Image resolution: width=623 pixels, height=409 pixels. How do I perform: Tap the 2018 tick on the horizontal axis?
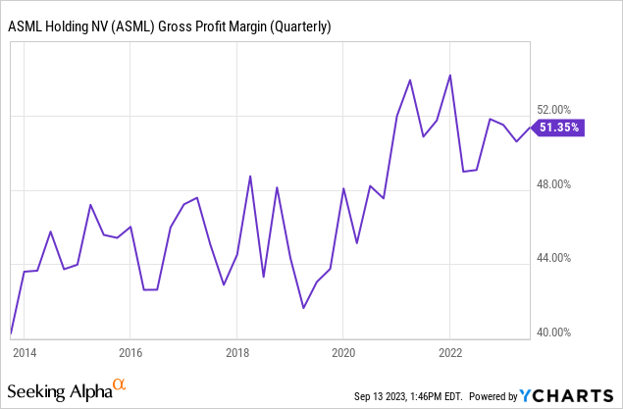click(236, 350)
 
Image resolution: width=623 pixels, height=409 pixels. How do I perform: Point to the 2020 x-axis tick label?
click(343, 350)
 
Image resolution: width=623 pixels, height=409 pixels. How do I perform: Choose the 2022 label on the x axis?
click(449, 350)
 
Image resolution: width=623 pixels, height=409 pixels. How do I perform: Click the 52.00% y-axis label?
click(562, 110)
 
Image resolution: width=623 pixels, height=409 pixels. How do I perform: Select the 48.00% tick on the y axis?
click(562, 184)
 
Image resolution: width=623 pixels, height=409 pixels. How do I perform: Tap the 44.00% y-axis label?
click(562, 259)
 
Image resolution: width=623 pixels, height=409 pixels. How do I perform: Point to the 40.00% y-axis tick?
click(562, 332)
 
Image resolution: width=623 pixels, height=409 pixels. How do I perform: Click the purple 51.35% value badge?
click(560, 127)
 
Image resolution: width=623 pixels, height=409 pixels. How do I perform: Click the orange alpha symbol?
click(120, 385)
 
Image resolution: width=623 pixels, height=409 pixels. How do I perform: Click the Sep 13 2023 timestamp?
click(401, 396)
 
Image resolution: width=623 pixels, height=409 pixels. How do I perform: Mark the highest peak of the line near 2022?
click(449, 75)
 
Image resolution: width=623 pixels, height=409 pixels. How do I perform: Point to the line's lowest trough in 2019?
click(303, 308)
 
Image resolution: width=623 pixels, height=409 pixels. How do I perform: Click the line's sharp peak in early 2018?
click(250, 176)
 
